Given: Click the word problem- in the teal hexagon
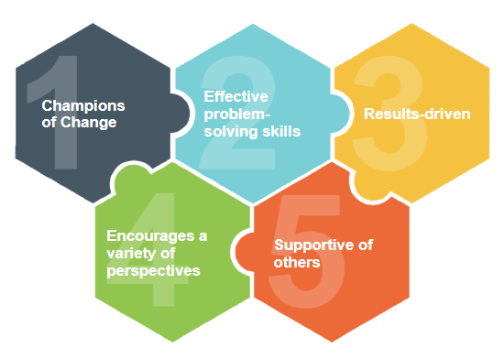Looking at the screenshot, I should coord(234,114).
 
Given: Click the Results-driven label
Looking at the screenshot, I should coord(417,115).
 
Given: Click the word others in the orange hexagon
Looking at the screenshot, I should coord(296,263).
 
